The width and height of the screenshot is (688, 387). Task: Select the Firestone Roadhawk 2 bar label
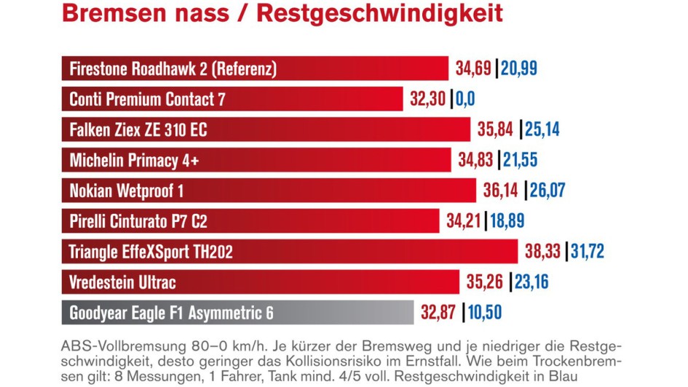173,69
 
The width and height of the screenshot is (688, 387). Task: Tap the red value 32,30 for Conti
427,100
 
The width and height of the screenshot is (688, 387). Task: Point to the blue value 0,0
466,100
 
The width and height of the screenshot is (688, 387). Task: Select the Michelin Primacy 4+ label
134,161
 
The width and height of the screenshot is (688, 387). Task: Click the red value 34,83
478,161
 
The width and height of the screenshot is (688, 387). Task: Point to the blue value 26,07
547,191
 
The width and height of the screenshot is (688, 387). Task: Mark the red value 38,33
543,252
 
